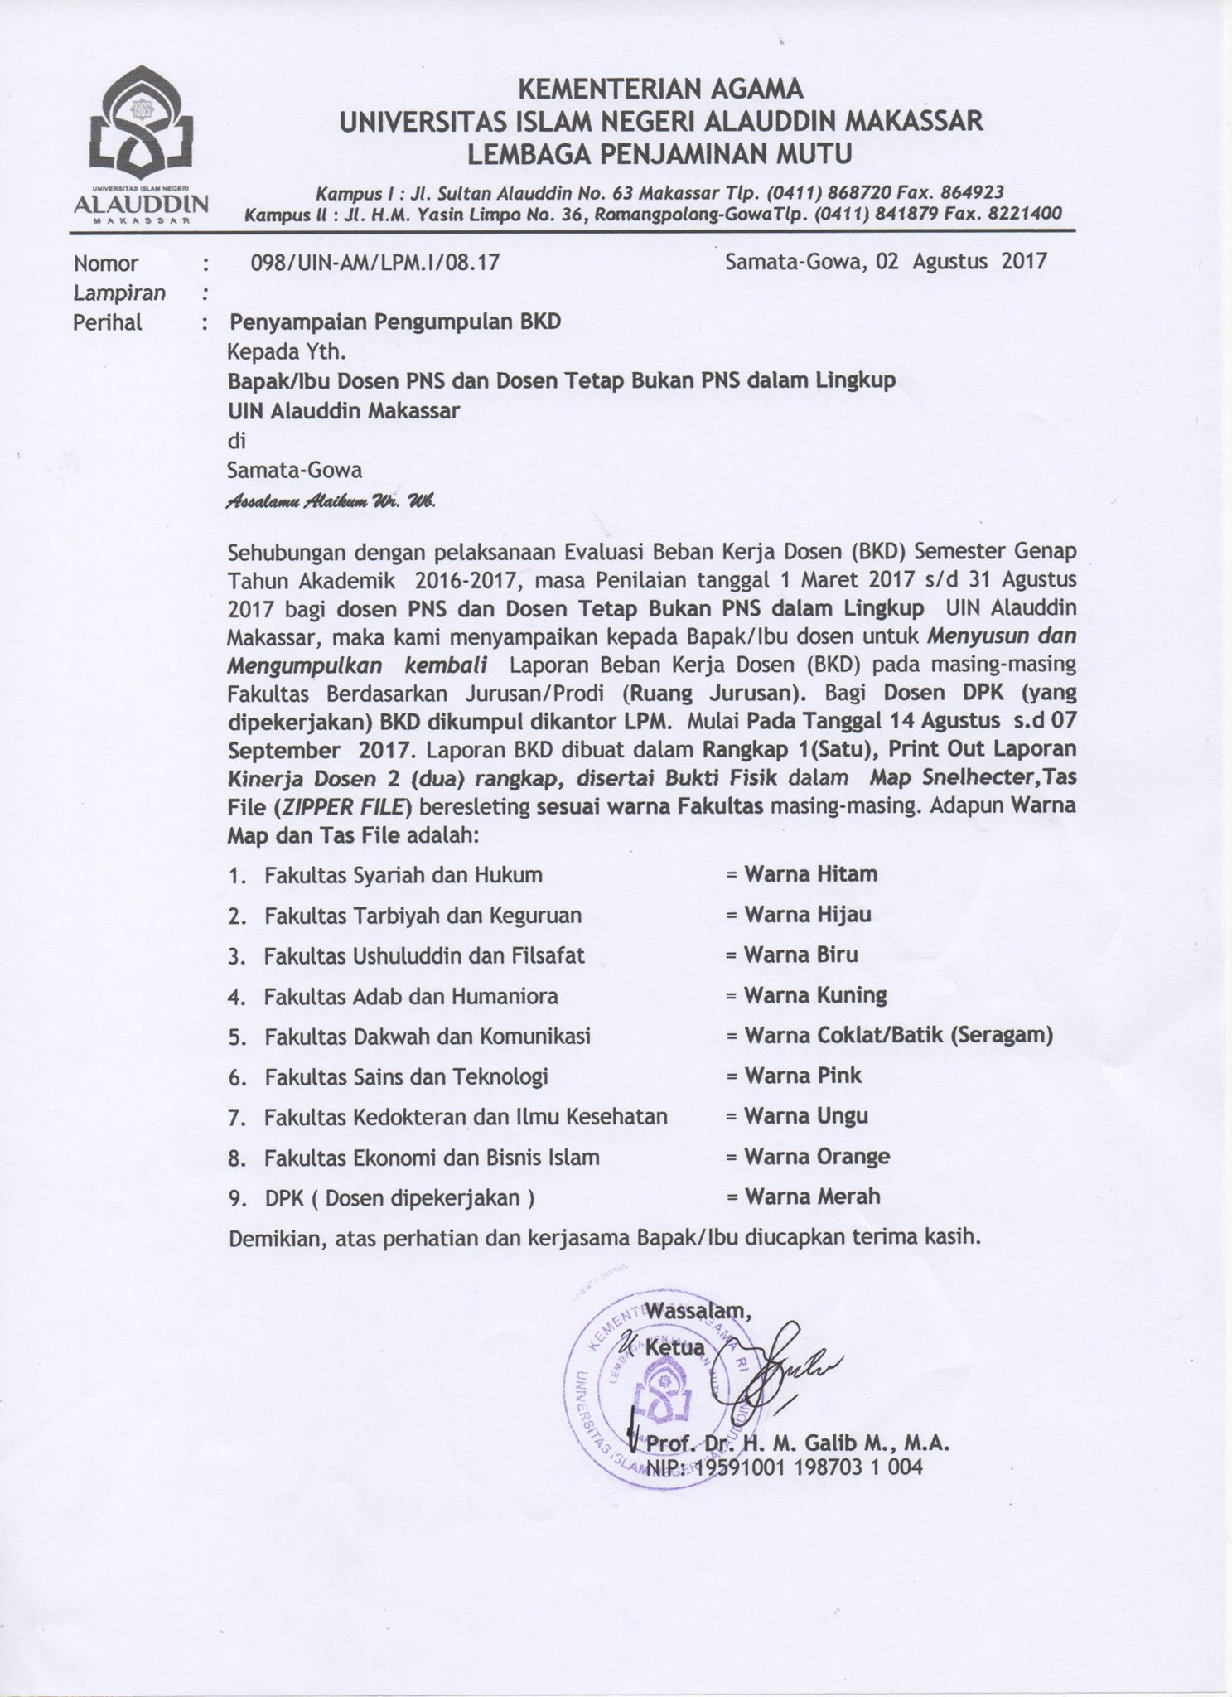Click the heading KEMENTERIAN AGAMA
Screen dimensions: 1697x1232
(660, 89)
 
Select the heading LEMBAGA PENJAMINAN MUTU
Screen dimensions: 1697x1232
(660, 153)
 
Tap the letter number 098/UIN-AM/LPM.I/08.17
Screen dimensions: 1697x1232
(375, 263)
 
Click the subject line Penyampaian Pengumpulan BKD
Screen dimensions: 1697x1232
(394, 322)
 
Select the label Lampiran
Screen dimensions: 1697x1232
(119, 292)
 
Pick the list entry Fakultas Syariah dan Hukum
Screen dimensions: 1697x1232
(403, 875)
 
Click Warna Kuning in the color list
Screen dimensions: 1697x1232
(815, 995)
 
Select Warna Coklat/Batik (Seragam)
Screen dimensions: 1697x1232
(898, 1036)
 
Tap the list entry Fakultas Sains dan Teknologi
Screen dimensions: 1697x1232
(407, 1077)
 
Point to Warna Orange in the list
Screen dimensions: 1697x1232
(817, 1157)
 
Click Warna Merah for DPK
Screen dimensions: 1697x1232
(812, 1197)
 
